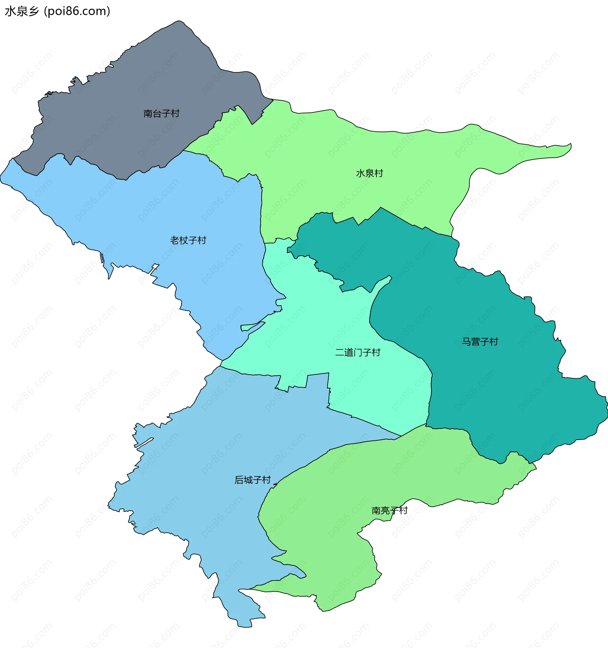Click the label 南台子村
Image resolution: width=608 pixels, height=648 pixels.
(x=161, y=113)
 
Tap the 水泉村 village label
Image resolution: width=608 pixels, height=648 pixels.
(x=369, y=173)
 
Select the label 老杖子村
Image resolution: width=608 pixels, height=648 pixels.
(x=188, y=240)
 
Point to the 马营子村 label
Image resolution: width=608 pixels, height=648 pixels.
(x=480, y=342)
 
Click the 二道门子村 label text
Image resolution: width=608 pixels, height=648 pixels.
(x=358, y=352)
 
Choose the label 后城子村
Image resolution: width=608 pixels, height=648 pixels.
(x=252, y=480)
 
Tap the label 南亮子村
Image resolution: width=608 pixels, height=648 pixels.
(x=389, y=510)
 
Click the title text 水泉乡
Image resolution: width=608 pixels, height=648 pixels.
(x=22, y=11)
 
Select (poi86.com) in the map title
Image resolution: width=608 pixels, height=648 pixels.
(x=77, y=11)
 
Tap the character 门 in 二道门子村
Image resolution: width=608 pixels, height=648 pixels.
(x=358, y=352)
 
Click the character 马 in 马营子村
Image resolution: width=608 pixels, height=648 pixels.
(x=466, y=342)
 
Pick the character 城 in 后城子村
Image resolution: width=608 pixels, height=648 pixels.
(x=248, y=480)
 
